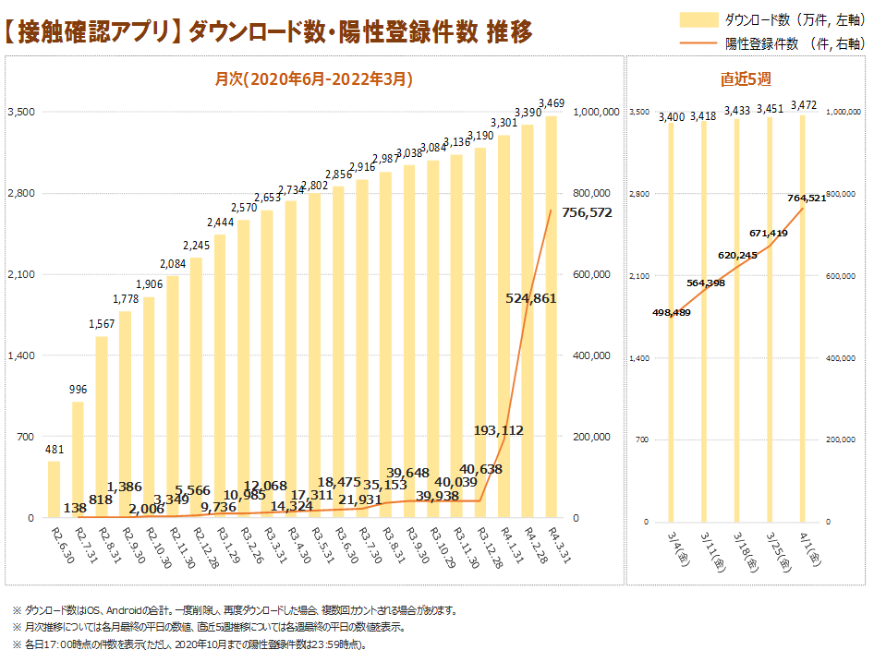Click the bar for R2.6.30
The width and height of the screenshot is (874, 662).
[x=54, y=489]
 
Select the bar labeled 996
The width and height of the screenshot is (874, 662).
[x=78, y=460]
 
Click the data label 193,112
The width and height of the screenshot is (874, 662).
[x=499, y=430]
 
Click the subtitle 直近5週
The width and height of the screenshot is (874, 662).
[x=747, y=78]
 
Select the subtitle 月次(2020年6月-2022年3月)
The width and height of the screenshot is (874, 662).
[x=314, y=79]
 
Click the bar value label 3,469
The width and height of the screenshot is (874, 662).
[x=552, y=102]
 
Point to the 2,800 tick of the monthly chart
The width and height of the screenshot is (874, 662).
[x=21, y=194]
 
